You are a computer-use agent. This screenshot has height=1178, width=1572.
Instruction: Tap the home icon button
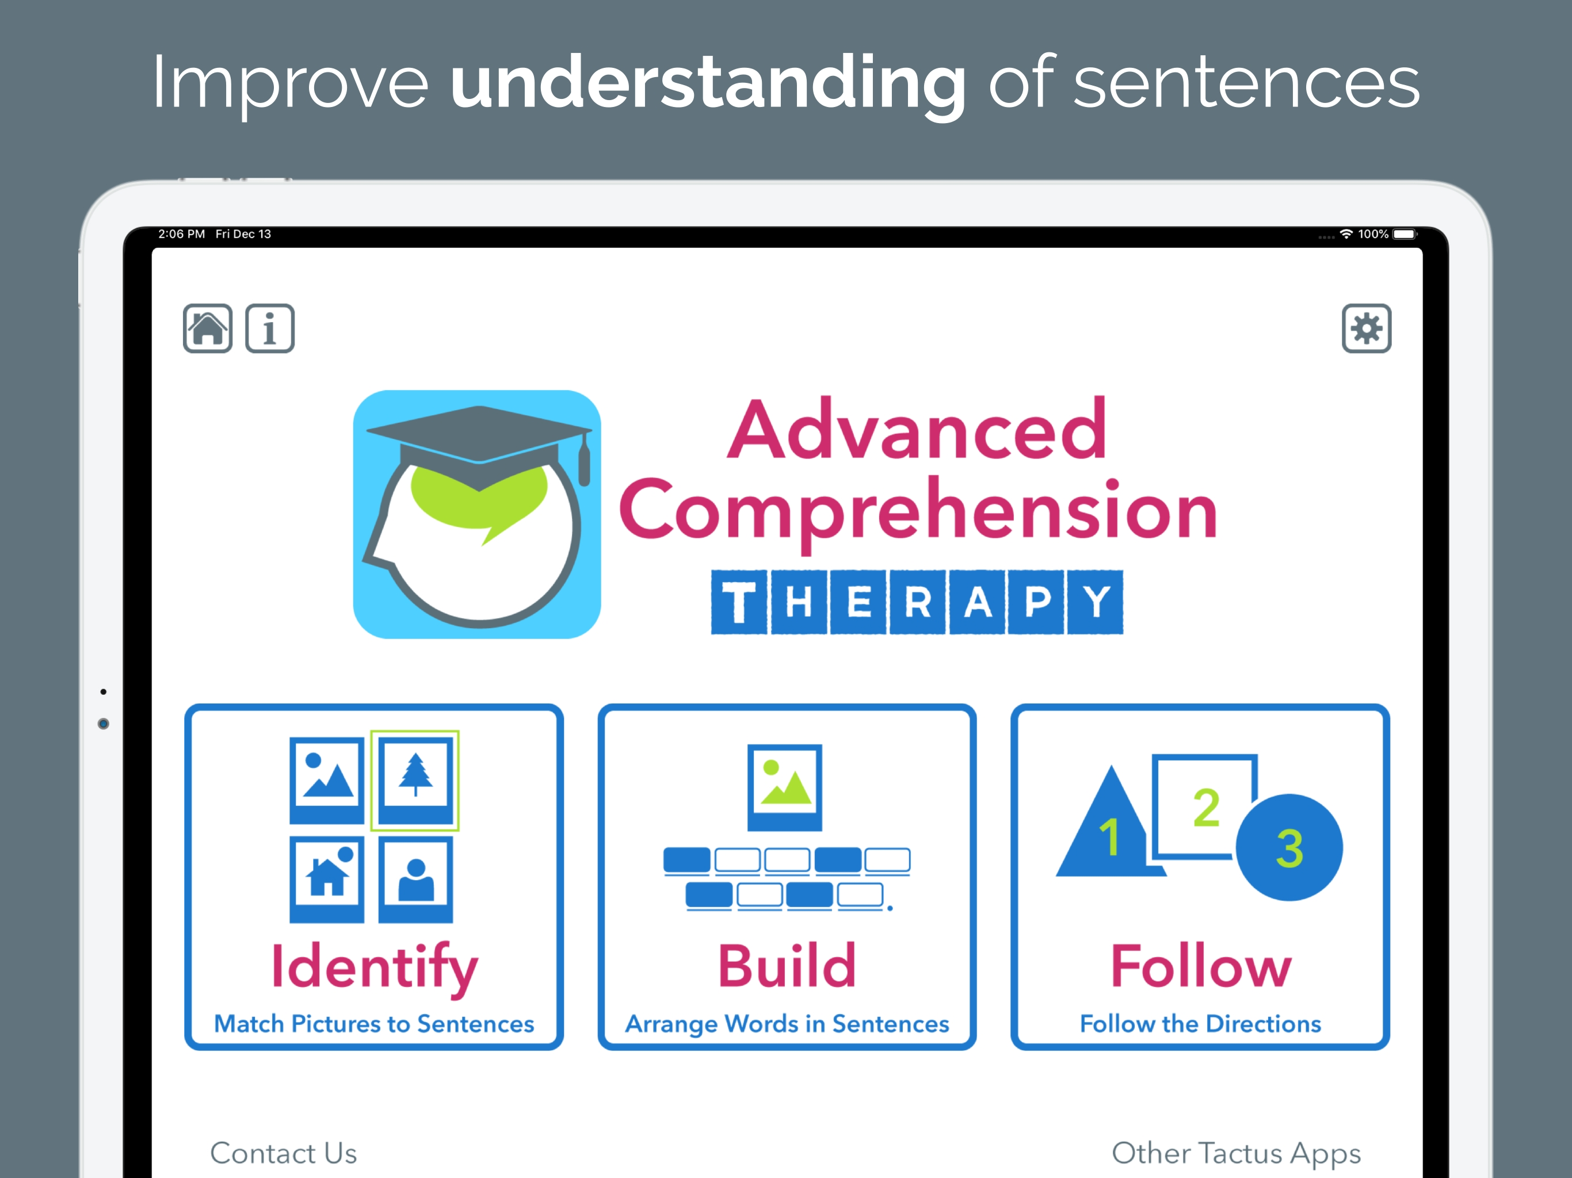[208, 328]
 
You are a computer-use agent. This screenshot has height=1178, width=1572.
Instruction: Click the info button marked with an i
[270, 328]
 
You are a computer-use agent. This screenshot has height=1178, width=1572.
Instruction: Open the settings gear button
[1366, 328]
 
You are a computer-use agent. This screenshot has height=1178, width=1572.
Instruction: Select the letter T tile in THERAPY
[739, 602]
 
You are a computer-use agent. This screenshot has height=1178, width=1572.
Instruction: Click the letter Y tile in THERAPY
[1096, 602]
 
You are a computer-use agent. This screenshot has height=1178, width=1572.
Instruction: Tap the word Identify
[375, 967]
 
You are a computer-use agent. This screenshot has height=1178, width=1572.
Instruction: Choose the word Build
[787, 966]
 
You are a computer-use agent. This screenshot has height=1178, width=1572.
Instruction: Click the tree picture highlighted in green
[415, 780]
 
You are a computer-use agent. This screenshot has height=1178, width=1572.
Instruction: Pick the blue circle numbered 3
[1289, 848]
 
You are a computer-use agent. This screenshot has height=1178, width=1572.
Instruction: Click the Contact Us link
[284, 1153]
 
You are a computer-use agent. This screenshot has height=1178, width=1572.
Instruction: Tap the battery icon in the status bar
[1405, 234]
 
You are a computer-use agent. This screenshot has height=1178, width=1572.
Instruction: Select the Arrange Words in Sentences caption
[787, 1024]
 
